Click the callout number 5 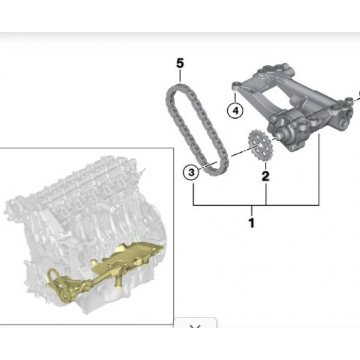tap(180, 63)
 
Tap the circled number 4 tap(236, 111)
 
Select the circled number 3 tap(191, 172)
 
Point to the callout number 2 tap(265, 176)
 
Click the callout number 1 tap(251, 223)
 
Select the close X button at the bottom tap(195, 326)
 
